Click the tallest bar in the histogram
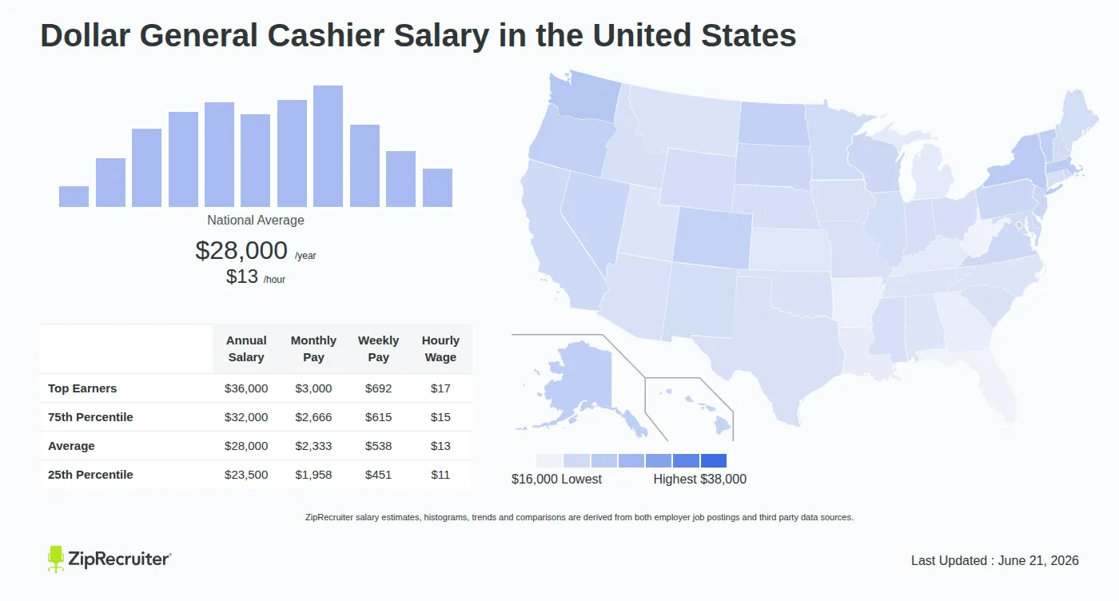328,146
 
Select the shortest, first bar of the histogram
74,197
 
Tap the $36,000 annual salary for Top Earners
246,388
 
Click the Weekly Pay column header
378,348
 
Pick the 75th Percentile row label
90,417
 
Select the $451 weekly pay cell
378,475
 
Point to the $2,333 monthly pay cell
313,446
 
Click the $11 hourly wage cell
440,475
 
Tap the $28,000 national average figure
241,250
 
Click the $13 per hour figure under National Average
241,277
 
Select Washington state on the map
584,97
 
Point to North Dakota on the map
774,124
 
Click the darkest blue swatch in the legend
713,460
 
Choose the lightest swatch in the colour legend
549,460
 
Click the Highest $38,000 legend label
700,479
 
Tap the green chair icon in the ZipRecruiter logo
56,559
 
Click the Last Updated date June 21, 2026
1038,560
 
